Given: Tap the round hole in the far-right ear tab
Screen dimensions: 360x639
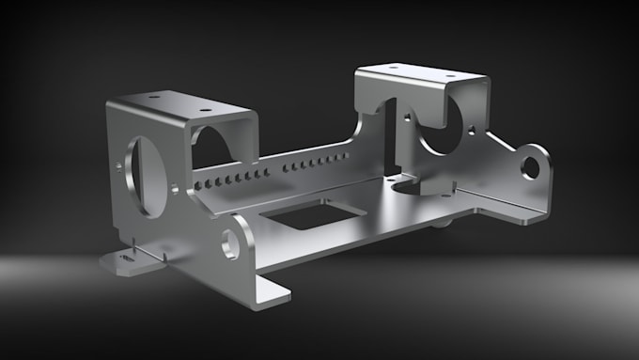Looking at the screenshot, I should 530,167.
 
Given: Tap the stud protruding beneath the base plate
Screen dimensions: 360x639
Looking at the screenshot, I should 440,224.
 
